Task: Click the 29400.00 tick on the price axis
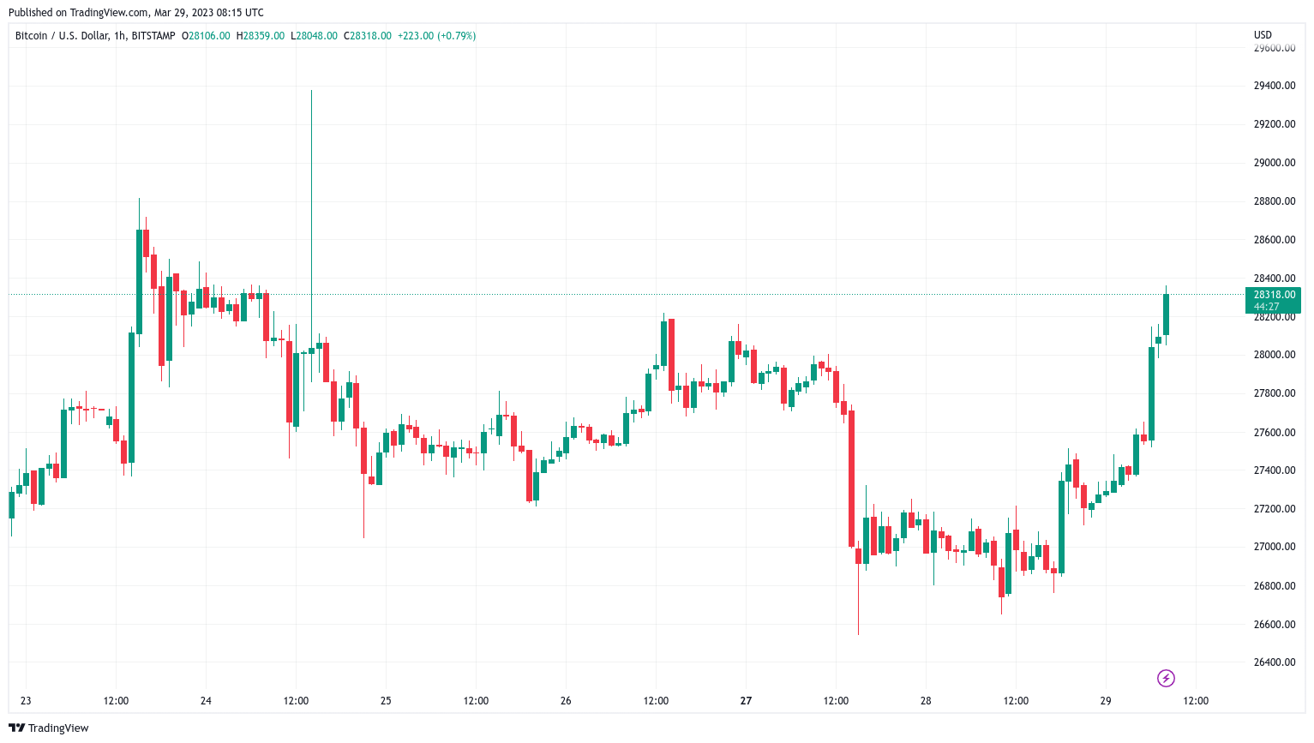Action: [1274, 86]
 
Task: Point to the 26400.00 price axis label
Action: [1274, 662]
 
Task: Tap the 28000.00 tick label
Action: [1274, 355]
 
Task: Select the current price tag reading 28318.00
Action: [1274, 295]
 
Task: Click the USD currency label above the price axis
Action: [1263, 35]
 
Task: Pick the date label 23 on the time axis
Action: [26, 701]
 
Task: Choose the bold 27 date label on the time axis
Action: [746, 701]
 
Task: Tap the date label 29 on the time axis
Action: [1106, 701]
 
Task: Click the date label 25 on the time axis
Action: [386, 701]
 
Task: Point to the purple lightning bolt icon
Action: [1166, 679]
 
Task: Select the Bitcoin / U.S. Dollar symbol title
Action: [63, 36]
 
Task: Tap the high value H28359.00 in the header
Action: [261, 36]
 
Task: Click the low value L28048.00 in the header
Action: [314, 36]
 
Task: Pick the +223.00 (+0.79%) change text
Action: [436, 36]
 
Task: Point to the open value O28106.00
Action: [206, 36]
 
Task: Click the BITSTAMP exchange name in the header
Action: [153, 36]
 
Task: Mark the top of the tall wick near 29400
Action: [311, 91]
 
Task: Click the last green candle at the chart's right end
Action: [1166, 315]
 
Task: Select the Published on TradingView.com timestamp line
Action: [136, 13]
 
